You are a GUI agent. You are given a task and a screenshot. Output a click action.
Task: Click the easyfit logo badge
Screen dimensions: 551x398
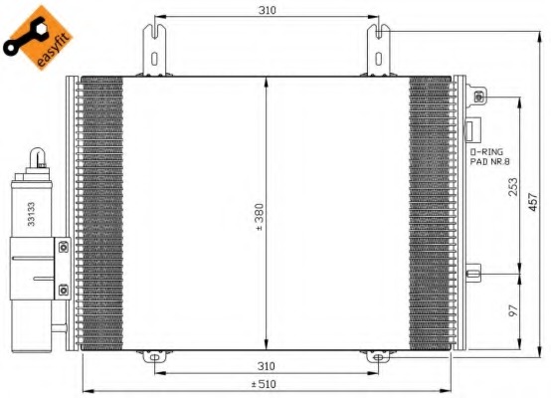coord(39,37)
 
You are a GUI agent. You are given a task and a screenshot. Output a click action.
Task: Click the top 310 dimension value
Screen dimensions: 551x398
coord(268,11)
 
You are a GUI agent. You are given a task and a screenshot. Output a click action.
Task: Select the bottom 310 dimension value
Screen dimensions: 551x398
coord(266,366)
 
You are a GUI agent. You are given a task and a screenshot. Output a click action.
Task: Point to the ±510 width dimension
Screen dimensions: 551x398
coord(264,384)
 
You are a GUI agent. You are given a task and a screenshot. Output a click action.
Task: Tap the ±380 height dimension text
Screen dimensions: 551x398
coord(260,217)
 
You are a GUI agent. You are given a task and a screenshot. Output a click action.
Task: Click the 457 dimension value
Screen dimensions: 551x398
coord(533,201)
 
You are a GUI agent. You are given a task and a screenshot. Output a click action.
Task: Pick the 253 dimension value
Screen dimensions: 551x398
coord(513,187)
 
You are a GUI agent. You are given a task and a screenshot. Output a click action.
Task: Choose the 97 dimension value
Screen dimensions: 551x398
coord(513,310)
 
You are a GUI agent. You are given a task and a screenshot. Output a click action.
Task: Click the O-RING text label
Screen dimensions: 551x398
coord(486,152)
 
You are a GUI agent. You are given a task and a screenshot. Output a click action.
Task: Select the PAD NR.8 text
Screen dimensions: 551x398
coord(490,162)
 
